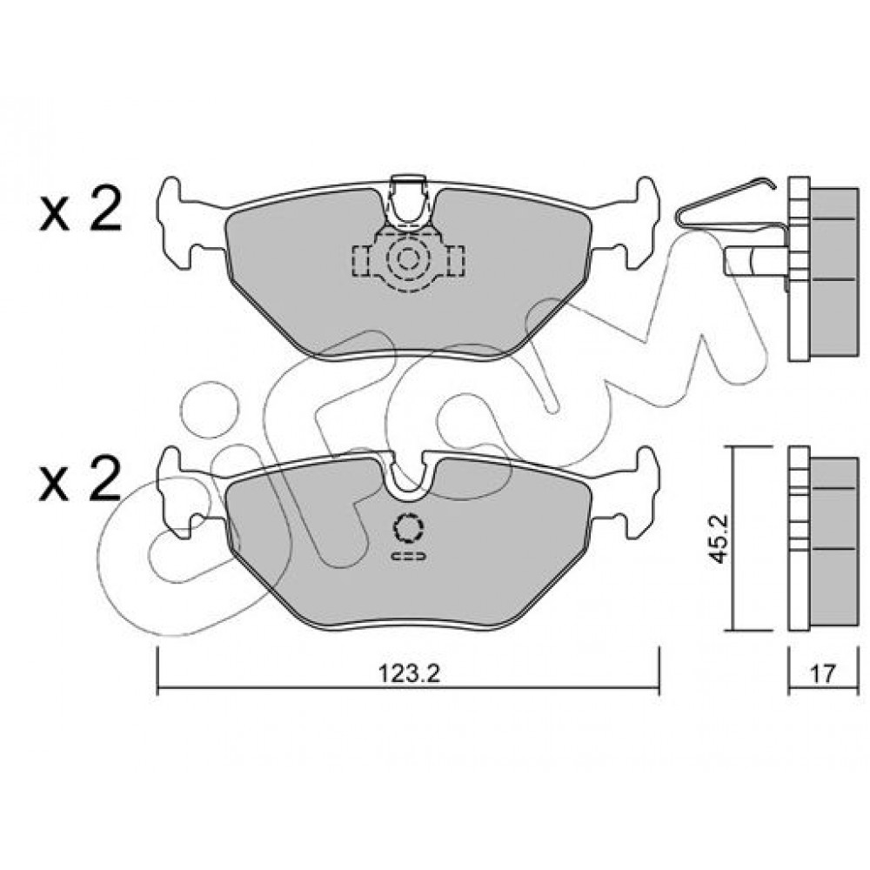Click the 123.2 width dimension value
(409, 673)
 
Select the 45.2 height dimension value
(719, 538)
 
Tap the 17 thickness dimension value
(822, 673)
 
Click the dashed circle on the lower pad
(408, 528)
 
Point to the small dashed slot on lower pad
(408, 556)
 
